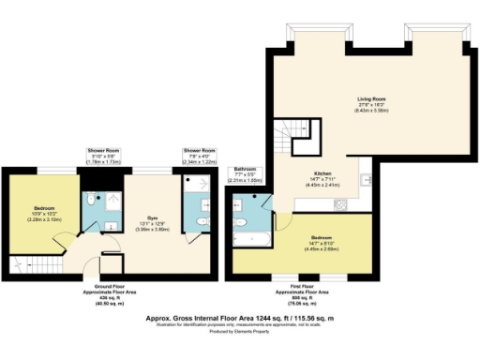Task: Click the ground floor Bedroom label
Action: click(x=45, y=207)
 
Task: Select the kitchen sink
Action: click(x=367, y=178)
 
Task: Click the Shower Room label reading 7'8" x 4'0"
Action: click(x=199, y=157)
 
